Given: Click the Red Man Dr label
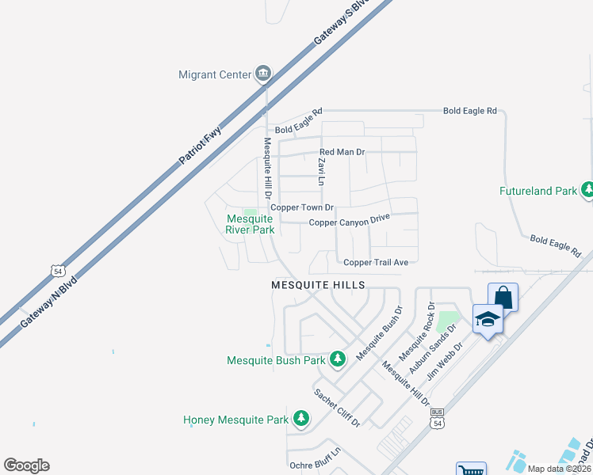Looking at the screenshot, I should coord(342,151).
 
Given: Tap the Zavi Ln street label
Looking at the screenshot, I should coord(322,171).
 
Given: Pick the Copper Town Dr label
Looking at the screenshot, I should coord(302,207).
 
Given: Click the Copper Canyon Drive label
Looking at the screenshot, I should coord(350,221).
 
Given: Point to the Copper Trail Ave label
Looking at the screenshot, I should coord(376,262).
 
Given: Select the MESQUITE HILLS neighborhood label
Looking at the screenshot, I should coord(318,284).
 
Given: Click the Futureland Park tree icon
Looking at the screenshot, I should coord(587,190).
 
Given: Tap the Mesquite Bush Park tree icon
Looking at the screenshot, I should coord(338,359).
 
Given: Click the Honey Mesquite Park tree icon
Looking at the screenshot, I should coord(300,418).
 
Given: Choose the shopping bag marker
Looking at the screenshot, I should coord(503,298).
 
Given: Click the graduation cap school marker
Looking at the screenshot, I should coord(488,319).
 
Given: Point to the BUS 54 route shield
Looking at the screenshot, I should coord(437,419).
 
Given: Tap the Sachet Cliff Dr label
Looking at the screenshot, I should coord(337,408).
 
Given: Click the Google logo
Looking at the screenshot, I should coord(26,465).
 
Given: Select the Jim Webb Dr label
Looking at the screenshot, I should coord(444,361).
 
